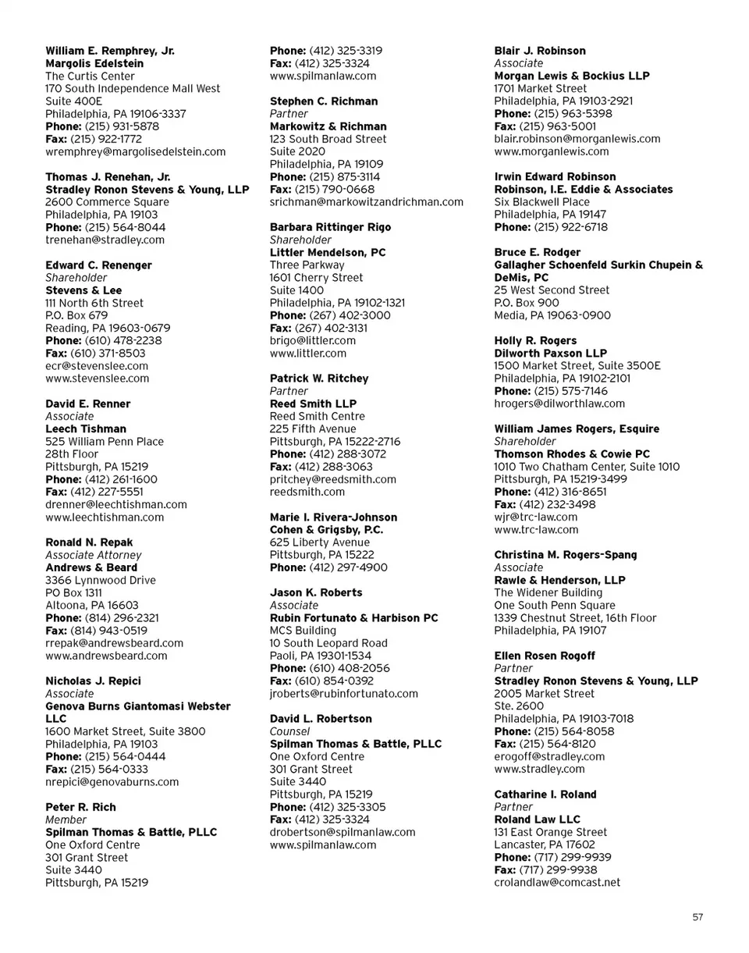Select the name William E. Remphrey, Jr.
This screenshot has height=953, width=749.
tap(110, 51)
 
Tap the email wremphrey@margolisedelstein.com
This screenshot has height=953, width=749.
tap(136, 151)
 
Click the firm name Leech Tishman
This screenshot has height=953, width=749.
tap(86, 428)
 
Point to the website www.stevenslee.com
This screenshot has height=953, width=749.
tap(98, 379)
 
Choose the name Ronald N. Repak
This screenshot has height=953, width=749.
tap(89, 542)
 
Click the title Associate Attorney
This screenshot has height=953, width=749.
tap(94, 555)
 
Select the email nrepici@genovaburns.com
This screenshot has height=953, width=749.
tap(112, 781)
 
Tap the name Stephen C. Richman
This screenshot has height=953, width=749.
tap(324, 101)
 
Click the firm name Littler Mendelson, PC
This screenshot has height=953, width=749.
tap(328, 253)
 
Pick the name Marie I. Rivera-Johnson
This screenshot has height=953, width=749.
tap(333, 517)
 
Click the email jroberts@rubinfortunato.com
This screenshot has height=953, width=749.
tap(344, 693)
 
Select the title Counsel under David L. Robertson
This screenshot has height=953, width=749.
tap(289, 731)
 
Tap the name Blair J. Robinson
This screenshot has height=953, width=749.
tap(540, 51)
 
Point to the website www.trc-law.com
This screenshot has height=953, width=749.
tap(537, 529)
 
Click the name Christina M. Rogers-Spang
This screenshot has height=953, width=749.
tap(566, 555)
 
